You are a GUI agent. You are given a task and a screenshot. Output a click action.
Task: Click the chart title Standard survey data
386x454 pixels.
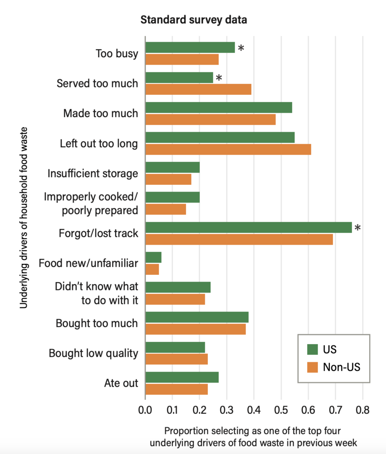tap(194, 20)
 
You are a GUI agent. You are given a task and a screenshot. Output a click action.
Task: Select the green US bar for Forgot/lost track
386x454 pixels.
tap(248, 227)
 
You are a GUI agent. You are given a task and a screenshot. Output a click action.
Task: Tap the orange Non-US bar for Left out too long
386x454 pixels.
tap(228, 149)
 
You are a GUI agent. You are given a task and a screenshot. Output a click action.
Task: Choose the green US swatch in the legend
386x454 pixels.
tap(313, 349)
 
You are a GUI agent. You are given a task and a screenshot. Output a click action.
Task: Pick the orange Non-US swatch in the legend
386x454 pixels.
tap(313, 367)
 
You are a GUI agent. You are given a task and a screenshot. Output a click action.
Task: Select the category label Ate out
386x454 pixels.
tap(121, 384)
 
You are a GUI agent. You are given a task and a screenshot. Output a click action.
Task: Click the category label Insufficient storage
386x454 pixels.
tap(93, 173)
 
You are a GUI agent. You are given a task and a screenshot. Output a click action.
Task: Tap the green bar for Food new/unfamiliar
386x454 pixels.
tap(153, 258)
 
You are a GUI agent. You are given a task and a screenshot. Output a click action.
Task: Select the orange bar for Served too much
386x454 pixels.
tap(198, 89)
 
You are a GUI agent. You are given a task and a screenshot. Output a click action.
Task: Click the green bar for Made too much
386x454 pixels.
tap(218, 107)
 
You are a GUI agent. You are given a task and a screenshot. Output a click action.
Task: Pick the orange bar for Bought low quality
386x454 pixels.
tap(176, 359)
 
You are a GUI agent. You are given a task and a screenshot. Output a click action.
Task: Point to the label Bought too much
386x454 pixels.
tap(97, 323)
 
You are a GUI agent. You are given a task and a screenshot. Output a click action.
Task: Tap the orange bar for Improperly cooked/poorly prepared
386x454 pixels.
tap(165, 209)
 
